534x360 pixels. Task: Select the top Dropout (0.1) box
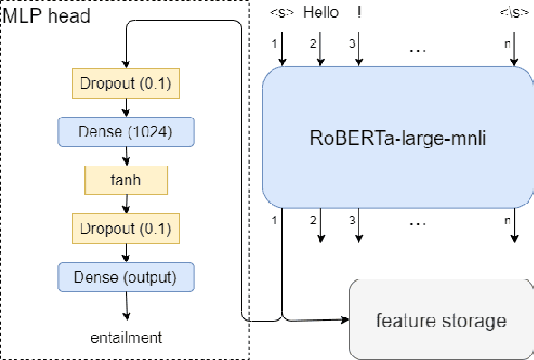(x=127, y=84)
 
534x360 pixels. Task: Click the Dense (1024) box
(x=127, y=132)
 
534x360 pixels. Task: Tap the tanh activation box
(x=127, y=179)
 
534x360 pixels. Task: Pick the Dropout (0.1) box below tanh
(x=127, y=226)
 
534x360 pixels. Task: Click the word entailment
(x=126, y=337)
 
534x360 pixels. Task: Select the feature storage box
(x=441, y=319)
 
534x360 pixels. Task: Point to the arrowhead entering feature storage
(x=346, y=319)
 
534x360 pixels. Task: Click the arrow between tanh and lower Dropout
(x=127, y=204)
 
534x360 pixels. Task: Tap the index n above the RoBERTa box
(x=506, y=43)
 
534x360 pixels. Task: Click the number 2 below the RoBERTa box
(x=313, y=220)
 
